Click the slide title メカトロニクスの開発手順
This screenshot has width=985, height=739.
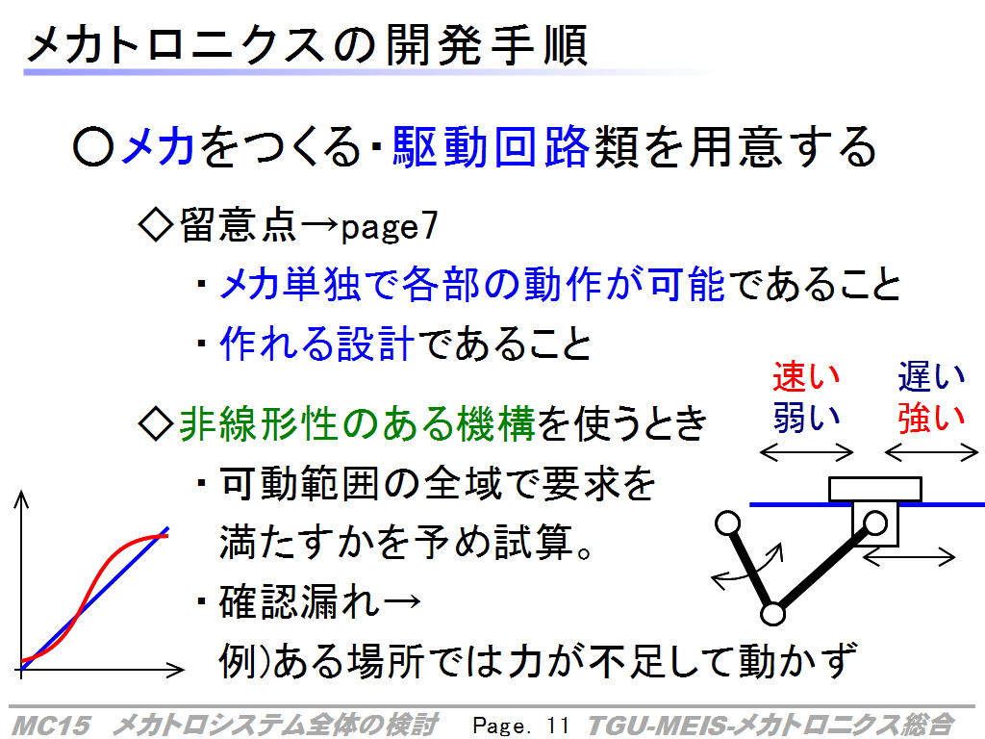click(x=307, y=45)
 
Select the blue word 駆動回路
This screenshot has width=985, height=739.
click(x=491, y=147)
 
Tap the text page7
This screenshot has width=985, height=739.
click(x=389, y=227)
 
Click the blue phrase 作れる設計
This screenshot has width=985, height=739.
click(x=316, y=344)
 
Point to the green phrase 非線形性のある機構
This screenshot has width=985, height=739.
click(x=357, y=423)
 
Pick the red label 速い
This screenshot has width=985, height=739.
click(x=806, y=376)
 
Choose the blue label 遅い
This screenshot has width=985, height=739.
click(x=931, y=376)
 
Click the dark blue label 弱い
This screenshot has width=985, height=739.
click(x=806, y=418)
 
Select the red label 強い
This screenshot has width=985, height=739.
click(x=931, y=418)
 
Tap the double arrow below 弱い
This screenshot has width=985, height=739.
click(x=807, y=452)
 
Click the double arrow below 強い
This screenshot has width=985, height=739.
click(x=931, y=452)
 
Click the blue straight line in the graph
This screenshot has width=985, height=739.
click(x=94, y=597)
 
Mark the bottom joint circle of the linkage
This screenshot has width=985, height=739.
click(x=772, y=614)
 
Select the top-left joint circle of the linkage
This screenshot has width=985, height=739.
click(x=728, y=522)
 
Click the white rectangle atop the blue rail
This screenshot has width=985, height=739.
click(x=875, y=489)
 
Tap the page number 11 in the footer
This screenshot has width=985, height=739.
click(x=557, y=726)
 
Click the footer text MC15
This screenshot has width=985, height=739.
click(x=51, y=726)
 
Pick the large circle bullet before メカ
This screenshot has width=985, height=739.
click(x=93, y=147)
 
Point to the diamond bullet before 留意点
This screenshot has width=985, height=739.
click(x=155, y=225)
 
